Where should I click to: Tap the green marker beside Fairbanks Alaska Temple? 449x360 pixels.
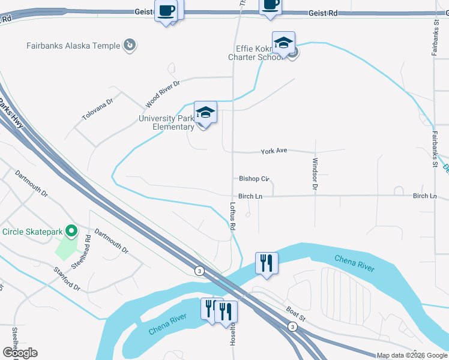tap(129, 44)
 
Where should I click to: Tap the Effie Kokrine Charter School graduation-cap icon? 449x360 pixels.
tap(283, 43)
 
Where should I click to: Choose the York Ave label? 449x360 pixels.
tap(273, 151)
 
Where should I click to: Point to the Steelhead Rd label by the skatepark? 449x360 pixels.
tap(88, 246)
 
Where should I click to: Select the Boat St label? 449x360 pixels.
tap(295, 314)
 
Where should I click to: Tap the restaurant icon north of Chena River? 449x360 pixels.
tap(266, 263)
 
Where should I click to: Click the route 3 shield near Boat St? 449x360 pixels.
tap(292, 326)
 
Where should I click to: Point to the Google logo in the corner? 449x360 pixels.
tap(20, 353)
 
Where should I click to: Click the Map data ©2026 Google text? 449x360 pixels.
tap(412, 355)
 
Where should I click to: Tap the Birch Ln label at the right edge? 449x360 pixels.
tap(424, 196)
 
